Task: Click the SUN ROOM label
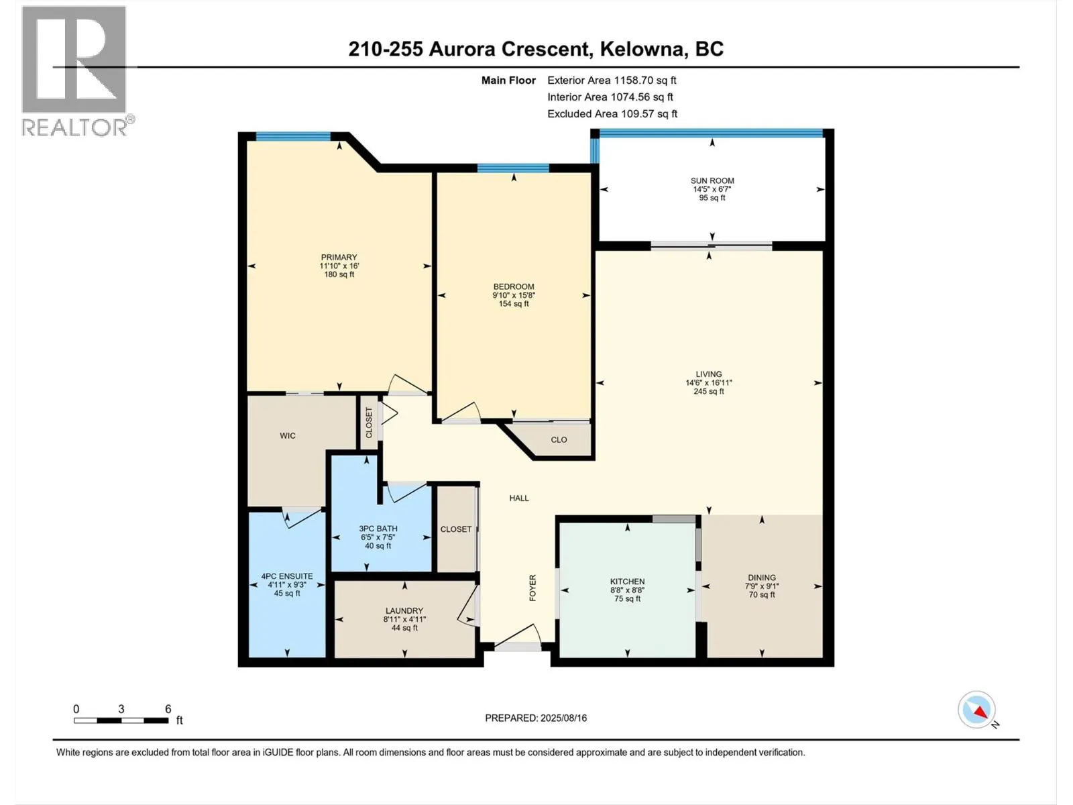pos(712,180)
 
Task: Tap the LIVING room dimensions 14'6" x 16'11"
pos(709,383)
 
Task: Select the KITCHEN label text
pos(627,582)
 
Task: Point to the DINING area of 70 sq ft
pos(762,594)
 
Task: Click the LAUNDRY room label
pos(404,610)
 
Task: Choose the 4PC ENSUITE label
pos(287,576)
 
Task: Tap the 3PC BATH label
pos(378,529)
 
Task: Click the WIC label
pos(288,436)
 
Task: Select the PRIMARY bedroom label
pos(339,257)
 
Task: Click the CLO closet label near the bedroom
pos(559,440)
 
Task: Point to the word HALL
pos(519,498)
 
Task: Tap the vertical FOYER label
pos(533,588)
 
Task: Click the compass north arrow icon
pos(978,710)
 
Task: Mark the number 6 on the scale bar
pos(168,708)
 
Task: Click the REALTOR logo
pos(74,70)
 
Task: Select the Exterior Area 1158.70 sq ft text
pos(612,80)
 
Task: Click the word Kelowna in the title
pos(642,49)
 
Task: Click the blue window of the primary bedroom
pos(293,136)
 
